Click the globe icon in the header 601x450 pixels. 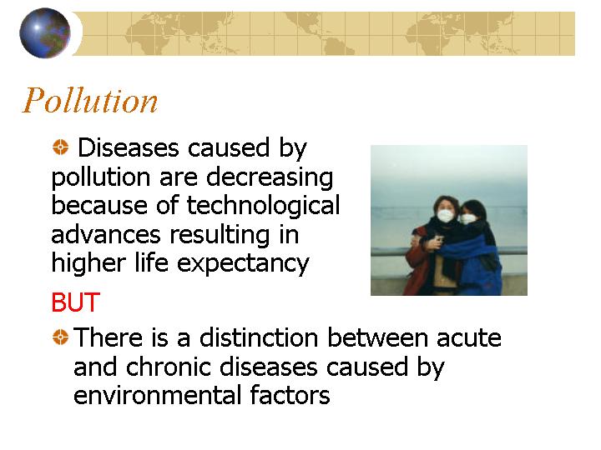tap(45, 33)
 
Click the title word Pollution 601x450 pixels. tap(90, 101)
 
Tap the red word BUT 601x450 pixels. tap(75, 302)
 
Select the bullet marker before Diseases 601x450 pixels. tap(60, 147)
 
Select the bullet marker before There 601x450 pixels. tap(60, 337)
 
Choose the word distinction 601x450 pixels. tap(259, 337)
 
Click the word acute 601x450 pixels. tap(469, 338)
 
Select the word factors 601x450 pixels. tap(290, 395)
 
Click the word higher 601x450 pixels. tap(88, 263)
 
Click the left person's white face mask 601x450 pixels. tap(446, 216)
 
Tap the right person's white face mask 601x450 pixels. tap(467, 218)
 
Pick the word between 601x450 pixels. tap(377, 337)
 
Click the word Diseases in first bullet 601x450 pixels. tap(129, 148)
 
